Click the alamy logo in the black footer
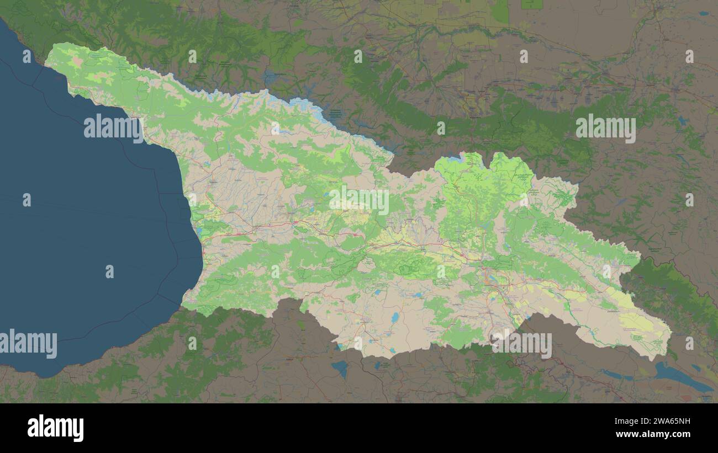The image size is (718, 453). point(55,428)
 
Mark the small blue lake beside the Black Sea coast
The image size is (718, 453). point(198,231)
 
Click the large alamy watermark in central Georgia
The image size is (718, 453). point(359,200)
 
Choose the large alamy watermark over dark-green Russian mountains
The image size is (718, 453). point(605,128)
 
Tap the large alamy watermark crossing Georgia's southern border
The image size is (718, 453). point(521,344)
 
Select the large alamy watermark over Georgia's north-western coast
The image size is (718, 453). point(114,128)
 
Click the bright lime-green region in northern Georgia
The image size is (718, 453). point(481,188)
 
